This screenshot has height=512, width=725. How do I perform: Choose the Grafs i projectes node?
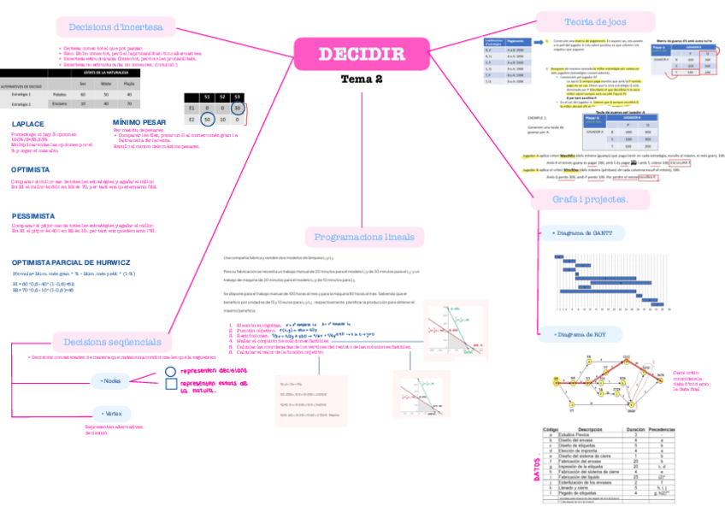click(590, 199)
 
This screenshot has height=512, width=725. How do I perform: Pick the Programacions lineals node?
click(363, 237)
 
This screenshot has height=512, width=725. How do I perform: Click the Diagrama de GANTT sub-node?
click(589, 232)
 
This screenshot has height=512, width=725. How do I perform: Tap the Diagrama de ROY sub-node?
click(581, 334)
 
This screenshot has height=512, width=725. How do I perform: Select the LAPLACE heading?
click(28, 124)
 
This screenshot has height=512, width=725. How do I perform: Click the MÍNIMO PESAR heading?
click(139, 122)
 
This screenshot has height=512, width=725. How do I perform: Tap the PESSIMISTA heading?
click(34, 216)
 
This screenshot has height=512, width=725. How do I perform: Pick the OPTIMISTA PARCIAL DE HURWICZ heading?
click(71, 262)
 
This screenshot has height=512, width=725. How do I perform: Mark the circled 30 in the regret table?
click(237, 109)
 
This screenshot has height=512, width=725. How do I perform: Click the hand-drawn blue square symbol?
click(170, 385)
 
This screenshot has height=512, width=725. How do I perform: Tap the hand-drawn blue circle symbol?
click(170, 372)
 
